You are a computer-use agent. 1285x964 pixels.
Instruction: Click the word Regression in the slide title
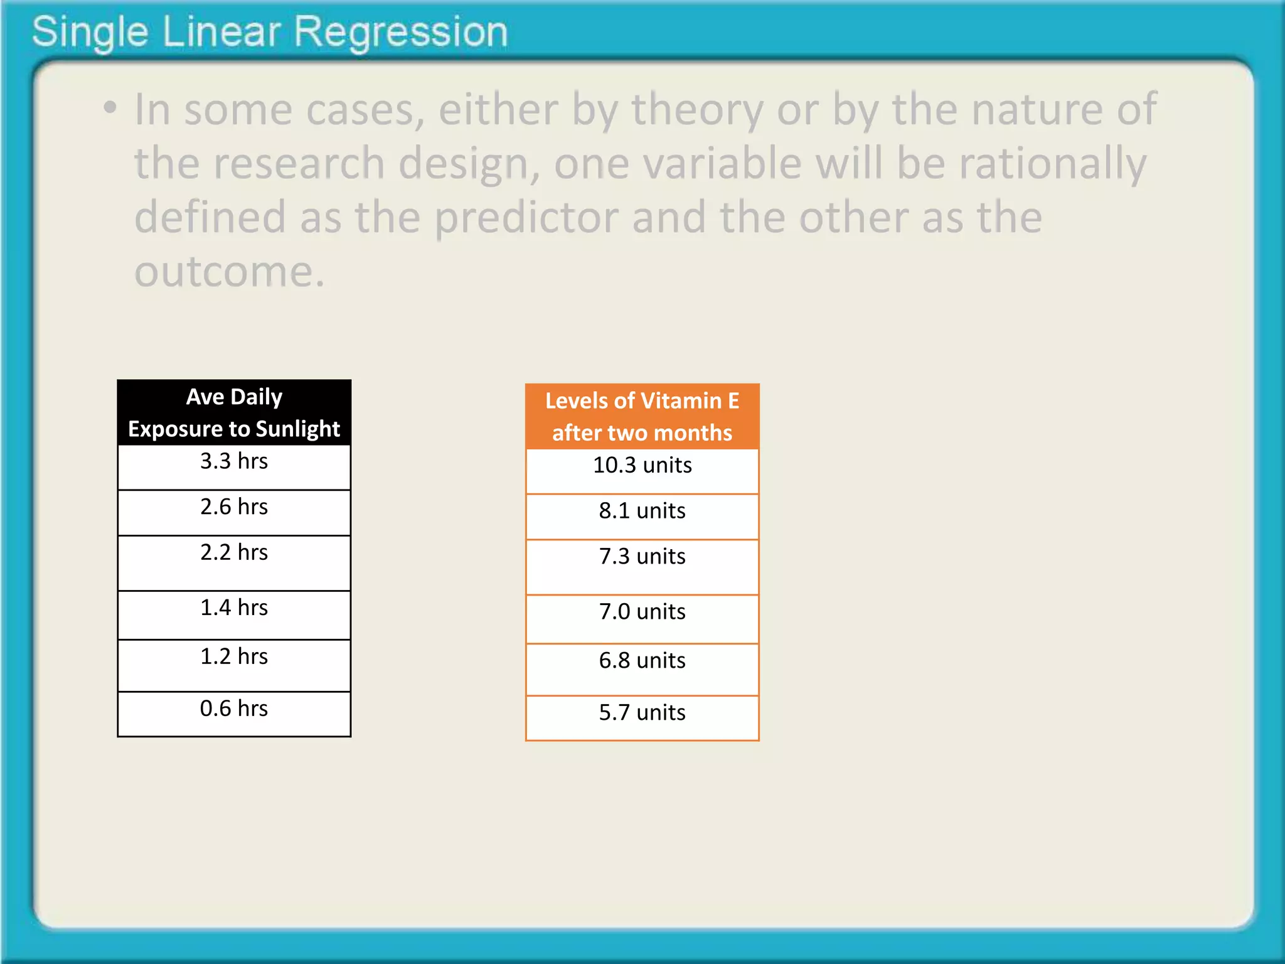click(400, 33)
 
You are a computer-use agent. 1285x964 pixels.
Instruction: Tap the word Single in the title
click(90, 33)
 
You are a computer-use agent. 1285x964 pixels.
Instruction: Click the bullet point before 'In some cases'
click(110, 108)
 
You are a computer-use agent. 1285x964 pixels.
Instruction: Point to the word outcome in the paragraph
click(229, 272)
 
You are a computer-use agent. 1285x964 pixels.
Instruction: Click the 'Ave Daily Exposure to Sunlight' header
click(234, 413)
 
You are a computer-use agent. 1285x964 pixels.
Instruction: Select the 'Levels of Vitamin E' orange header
click(642, 417)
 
